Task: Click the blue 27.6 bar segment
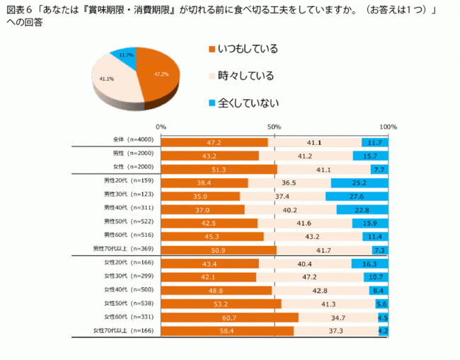(x=357, y=196)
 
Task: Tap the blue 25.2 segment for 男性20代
(x=360, y=182)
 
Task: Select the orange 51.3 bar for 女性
(x=219, y=169)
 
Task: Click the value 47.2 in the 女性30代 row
(x=309, y=277)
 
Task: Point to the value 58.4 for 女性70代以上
(x=227, y=330)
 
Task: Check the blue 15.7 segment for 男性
(x=370, y=156)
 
